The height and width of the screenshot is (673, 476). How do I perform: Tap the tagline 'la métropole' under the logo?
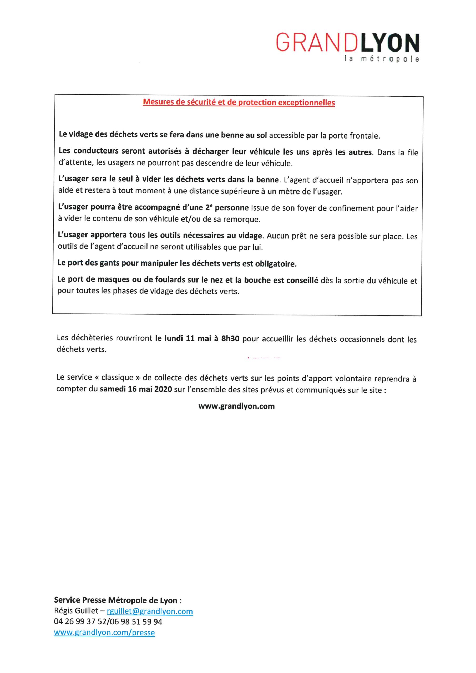coord(382,59)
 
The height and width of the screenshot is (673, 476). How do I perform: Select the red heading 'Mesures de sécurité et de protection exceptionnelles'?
coord(239,103)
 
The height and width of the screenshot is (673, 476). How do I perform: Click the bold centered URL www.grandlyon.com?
coord(236,406)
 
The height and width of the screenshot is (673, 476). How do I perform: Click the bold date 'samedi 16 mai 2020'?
coord(136,390)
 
